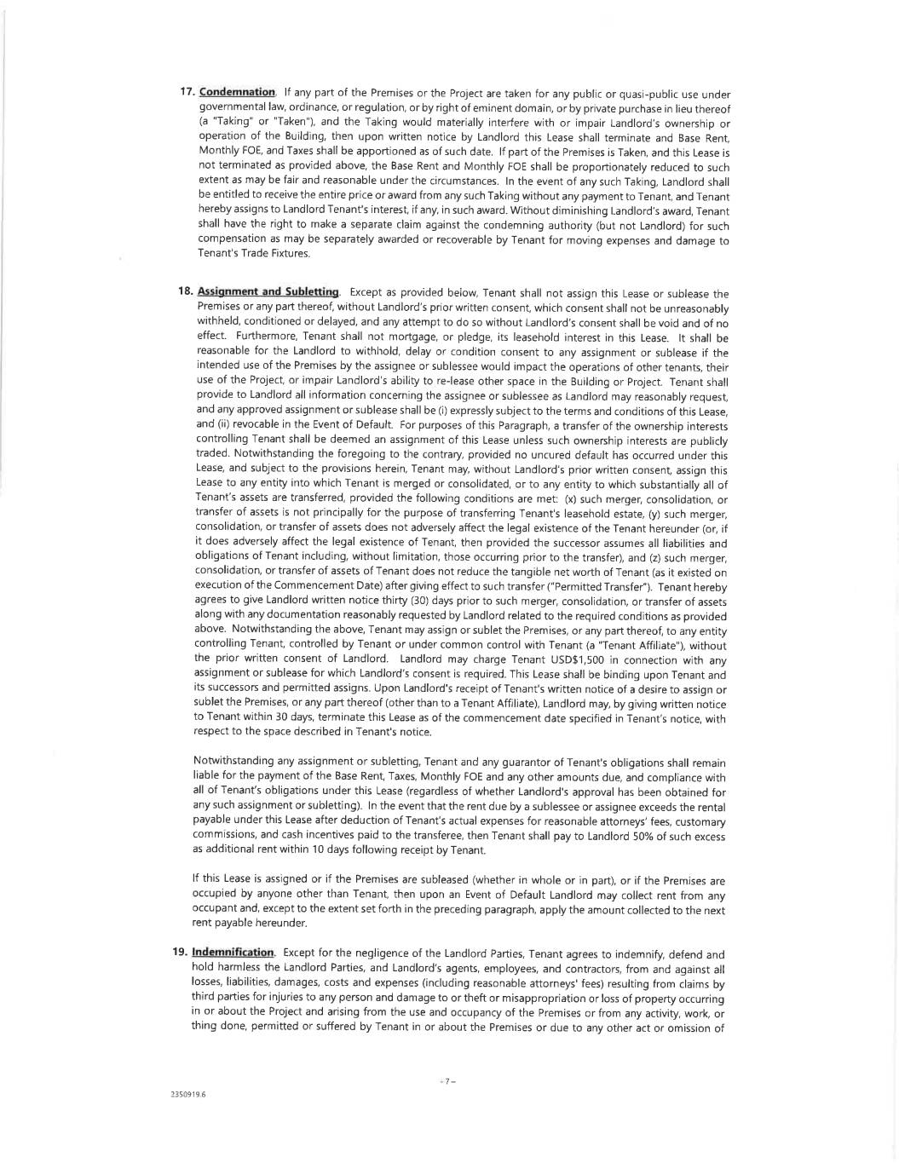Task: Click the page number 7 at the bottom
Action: (447, 1081)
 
